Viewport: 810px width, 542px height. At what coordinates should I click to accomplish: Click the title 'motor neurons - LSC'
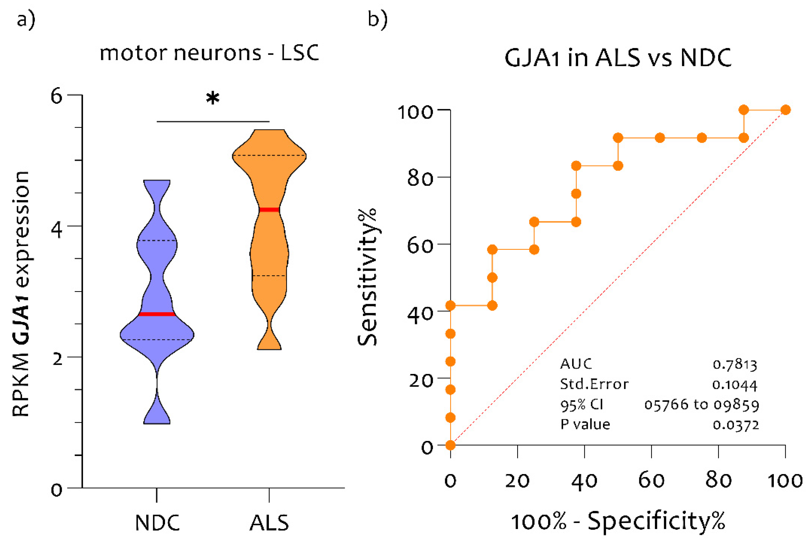[x=209, y=53]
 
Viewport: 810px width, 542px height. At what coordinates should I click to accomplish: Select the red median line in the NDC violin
[x=157, y=314]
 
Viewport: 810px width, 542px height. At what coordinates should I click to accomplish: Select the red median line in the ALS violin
[x=269, y=209]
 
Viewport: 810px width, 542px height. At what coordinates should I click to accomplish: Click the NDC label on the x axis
[x=157, y=523]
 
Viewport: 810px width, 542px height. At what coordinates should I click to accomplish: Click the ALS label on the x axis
[x=269, y=523]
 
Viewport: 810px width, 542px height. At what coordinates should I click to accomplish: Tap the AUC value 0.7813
[x=735, y=365]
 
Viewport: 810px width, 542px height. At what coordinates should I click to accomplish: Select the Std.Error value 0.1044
[x=735, y=385]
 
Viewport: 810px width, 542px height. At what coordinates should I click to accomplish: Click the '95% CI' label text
[x=582, y=404]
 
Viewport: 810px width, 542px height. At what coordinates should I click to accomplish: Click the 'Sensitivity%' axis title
[x=367, y=277]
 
